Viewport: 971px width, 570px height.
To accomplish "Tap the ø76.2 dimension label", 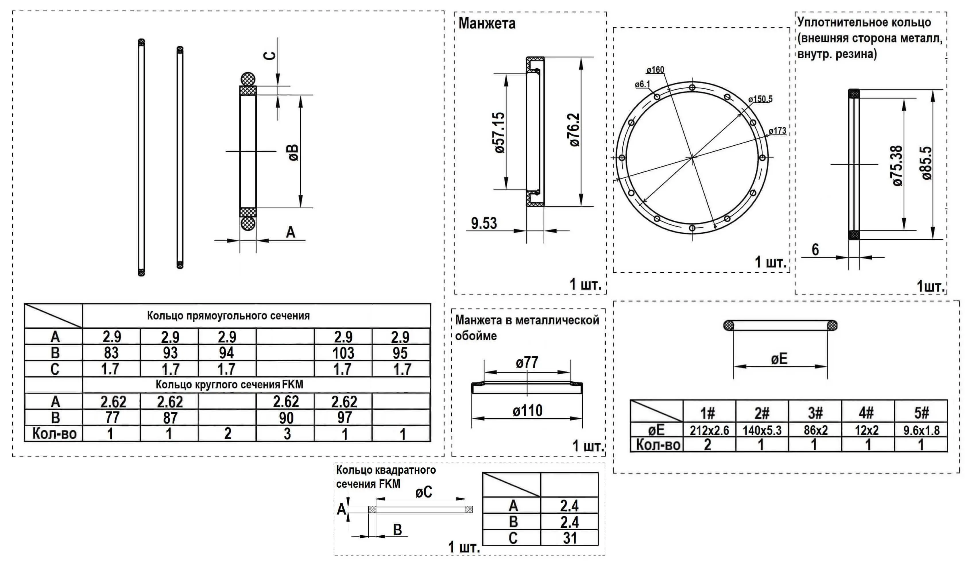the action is tap(574, 130).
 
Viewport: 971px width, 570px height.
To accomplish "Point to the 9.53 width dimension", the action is tap(484, 223).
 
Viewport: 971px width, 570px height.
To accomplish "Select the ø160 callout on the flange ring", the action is tap(655, 70).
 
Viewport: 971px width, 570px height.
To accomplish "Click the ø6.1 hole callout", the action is tap(642, 84).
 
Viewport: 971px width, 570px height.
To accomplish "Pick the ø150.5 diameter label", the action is tap(760, 99).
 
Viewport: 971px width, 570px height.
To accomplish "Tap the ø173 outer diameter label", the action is tap(777, 131).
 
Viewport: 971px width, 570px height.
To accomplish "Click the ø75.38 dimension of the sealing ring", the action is tap(898, 165).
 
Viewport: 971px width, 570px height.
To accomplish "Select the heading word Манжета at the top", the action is tap(487, 24).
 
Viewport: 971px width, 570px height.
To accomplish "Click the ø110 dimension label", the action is tap(527, 411).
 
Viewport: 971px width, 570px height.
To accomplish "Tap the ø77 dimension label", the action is tap(527, 363).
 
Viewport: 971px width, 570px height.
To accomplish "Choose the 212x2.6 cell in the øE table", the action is tap(709, 430).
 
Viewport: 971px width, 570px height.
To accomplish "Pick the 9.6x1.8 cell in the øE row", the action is tap(921, 430).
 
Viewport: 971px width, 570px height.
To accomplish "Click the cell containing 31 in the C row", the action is tap(570, 538).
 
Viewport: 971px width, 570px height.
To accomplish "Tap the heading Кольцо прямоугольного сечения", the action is tap(228, 316).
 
